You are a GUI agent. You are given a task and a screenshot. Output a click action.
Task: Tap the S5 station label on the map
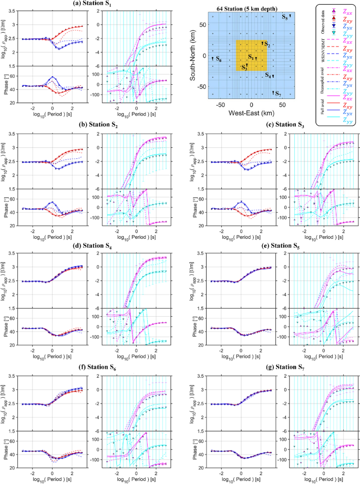284,17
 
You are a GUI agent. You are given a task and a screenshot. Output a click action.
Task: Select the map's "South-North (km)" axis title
193,56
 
